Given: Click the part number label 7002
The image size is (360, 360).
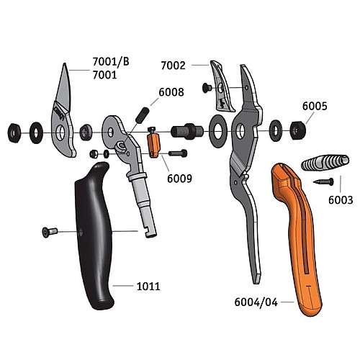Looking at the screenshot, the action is point(173,66).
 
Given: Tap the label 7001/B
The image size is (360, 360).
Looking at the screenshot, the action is point(111,62).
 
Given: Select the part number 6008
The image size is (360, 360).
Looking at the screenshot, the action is point(171,92).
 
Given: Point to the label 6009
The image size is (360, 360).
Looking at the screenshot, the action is point(179,179).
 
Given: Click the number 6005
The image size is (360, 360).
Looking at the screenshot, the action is point(315,106).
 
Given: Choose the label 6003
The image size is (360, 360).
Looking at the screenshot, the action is point(341,200).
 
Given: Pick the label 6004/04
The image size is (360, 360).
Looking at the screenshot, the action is point(256,302).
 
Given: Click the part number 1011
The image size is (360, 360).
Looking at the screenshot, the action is point(148,287).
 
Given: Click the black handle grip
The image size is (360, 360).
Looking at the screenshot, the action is point(94,235).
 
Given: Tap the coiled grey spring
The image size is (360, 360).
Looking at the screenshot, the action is point(325,163).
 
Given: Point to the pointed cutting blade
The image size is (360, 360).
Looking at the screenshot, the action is point(63,110).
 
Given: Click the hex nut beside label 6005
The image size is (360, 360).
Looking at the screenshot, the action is point(298,130).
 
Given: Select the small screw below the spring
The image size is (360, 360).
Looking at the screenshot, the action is point(323,182).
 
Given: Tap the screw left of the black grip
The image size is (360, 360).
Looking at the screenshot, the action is point(50,232).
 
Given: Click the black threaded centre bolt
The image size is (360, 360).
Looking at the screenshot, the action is point(187,131).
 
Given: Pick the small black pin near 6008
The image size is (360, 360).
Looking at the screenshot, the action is point(143,115).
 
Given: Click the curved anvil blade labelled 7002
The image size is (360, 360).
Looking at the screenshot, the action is point(222,86).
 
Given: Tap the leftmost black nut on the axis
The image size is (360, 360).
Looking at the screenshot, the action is point(14,132).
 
